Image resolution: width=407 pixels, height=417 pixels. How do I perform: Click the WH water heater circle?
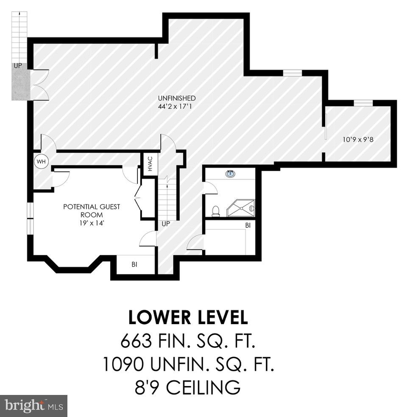pos(41,162)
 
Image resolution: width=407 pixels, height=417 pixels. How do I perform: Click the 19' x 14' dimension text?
pos(92,222)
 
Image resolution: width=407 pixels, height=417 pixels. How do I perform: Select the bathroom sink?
pos(231,173)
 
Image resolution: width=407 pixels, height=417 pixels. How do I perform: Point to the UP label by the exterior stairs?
pos(18,66)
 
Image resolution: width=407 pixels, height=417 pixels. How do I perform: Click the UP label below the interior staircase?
pos(165,224)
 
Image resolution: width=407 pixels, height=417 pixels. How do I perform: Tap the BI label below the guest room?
pos(134,265)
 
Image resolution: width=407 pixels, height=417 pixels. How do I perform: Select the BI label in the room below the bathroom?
pos(248,226)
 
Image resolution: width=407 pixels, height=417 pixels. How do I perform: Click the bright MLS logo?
pos(33,406)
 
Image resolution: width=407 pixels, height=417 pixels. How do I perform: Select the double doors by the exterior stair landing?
pos(40,85)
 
